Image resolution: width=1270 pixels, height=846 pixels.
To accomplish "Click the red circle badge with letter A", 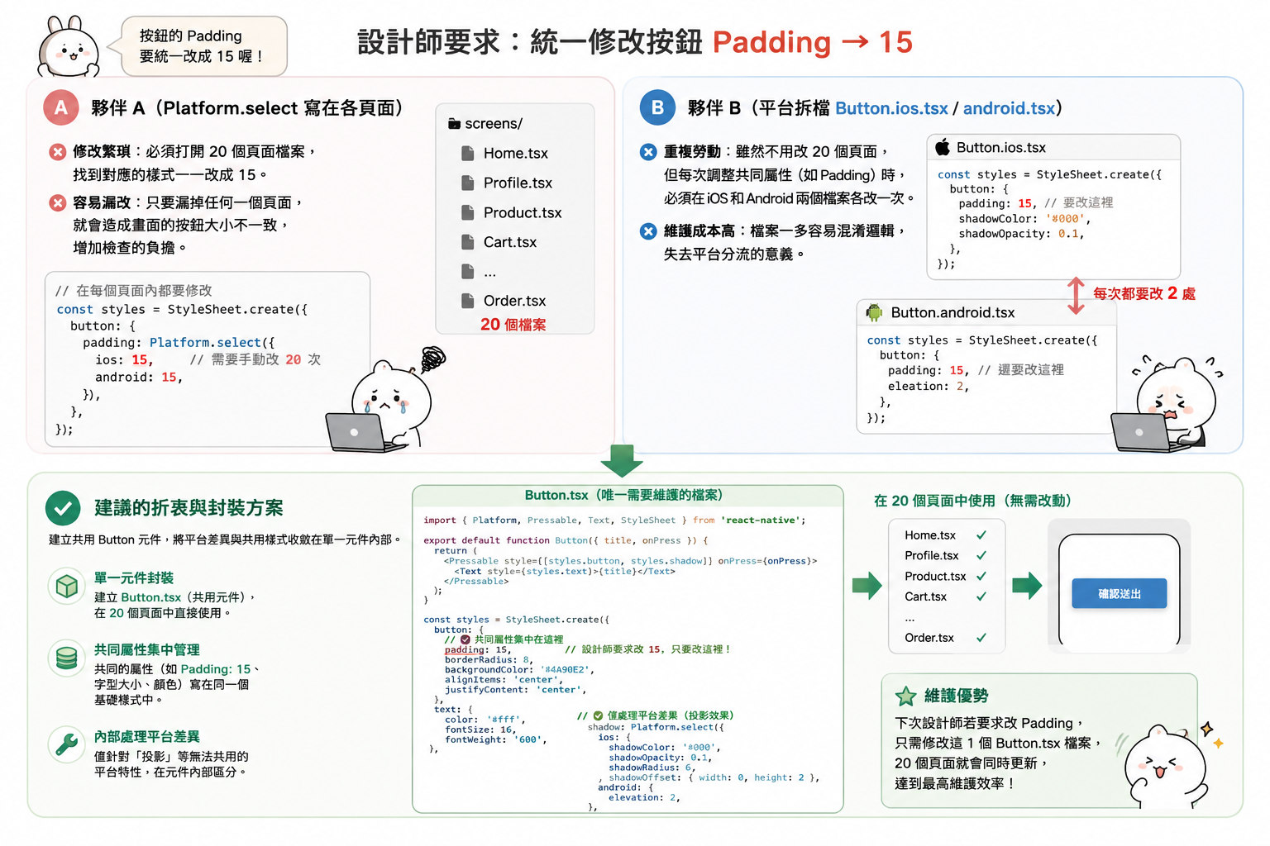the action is click(x=60, y=107).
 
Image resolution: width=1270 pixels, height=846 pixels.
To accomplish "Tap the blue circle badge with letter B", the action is click(x=657, y=107).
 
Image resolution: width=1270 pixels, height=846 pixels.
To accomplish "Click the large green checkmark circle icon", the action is click(x=63, y=508).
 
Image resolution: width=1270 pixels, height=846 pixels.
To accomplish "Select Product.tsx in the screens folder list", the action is click(x=523, y=212).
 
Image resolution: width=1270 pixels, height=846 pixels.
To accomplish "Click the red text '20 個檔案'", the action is click(x=513, y=325).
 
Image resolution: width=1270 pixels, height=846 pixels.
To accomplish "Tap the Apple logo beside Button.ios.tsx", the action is click(x=943, y=147).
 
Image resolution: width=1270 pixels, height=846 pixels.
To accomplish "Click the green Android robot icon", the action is click(x=874, y=312).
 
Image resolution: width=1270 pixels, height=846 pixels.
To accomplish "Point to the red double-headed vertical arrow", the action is click(x=1076, y=295).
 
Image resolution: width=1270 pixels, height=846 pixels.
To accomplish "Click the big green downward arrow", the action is click(x=622, y=461).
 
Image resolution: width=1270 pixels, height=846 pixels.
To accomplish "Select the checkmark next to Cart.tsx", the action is click(x=981, y=596).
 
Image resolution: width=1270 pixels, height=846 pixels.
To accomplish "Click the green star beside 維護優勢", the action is click(x=905, y=696).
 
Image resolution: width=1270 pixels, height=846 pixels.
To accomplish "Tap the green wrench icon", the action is click(x=66, y=744).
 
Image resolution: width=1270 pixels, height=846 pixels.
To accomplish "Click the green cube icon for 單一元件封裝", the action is click(x=66, y=586).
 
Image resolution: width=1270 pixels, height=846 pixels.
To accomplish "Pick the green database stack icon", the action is click(x=66, y=658).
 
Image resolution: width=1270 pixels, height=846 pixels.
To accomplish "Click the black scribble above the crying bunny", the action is click(x=434, y=358).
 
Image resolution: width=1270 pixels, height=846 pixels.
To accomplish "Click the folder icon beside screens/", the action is click(x=454, y=124).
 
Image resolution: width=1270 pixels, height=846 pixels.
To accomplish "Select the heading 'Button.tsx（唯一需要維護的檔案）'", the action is click(x=623, y=495).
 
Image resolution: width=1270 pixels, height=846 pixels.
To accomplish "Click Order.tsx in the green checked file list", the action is click(x=929, y=638).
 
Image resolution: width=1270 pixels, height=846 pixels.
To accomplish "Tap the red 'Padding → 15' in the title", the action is click(x=813, y=42).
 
